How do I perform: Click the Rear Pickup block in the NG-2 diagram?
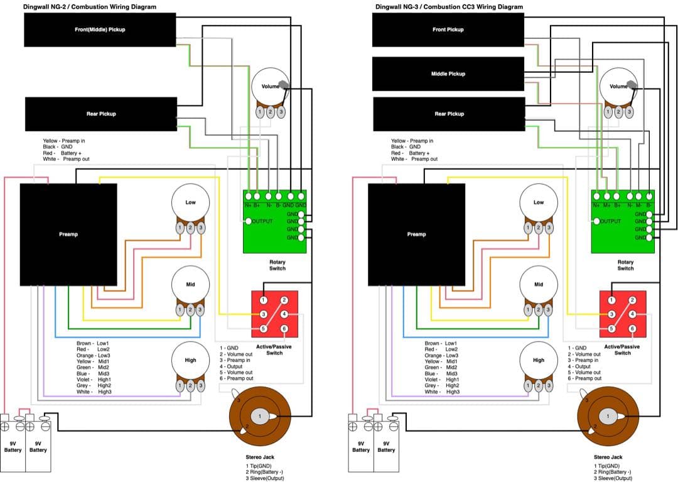[100, 114]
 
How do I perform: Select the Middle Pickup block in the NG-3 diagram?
[448, 74]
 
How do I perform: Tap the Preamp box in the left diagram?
[68, 234]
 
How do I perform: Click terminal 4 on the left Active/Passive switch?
[284, 314]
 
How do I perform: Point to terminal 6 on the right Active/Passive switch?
[632, 329]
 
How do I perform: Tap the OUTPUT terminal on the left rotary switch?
[249, 221]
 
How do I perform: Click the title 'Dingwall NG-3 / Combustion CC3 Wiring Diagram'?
[448, 7]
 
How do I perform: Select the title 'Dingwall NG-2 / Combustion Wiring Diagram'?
[90, 7]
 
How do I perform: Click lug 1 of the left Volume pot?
[260, 112]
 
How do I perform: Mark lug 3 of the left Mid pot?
[200, 309]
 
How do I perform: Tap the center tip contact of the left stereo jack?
[260, 416]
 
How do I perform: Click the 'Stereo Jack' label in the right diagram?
[608, 457]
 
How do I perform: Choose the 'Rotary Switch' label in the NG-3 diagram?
[625, 265]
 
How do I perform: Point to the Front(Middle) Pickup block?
[100, 30]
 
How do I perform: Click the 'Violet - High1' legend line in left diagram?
[94, 380]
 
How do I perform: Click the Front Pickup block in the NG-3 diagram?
[448, 30]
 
